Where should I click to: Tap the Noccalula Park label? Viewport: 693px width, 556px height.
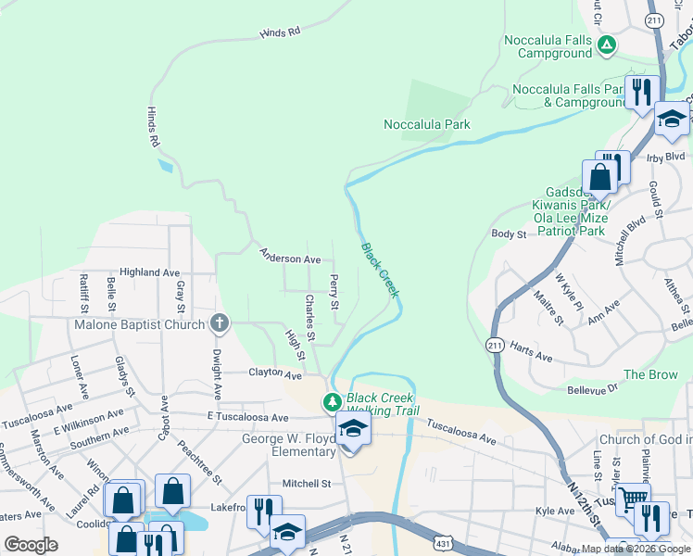(x=427, y=124)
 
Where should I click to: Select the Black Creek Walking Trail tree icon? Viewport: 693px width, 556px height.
(x=332, y=402)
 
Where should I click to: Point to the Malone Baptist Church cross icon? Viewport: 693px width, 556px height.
(x=219, y=323)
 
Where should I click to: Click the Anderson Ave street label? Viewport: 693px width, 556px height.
(x=290, y=257)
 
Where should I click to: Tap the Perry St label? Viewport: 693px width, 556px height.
(x=334, y=291)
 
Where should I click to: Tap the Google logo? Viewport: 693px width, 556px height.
(x=31, y=545)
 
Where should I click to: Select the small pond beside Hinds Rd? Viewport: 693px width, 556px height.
(x=165, y=167)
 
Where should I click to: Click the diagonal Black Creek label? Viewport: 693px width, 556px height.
(x=380, y=270)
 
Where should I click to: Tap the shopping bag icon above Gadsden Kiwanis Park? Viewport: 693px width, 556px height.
(x=599, y=177)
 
